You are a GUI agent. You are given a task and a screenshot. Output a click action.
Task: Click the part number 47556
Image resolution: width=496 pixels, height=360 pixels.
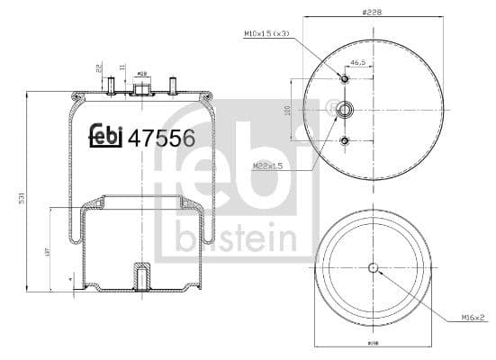point(162,138)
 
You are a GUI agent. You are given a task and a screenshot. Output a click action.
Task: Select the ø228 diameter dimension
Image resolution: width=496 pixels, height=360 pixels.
point(367,11)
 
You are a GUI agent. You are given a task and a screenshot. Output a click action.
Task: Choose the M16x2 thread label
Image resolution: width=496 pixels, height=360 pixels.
point(470,317)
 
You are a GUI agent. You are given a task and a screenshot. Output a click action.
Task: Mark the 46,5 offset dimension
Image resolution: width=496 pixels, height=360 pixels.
point(358,64)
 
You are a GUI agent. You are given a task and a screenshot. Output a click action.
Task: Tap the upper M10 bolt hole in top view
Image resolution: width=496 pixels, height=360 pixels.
point(344,78)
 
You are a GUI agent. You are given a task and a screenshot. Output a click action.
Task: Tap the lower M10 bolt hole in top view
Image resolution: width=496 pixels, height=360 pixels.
point(344,140)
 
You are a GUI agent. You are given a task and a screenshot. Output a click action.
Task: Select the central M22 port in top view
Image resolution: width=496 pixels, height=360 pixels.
point(344,110)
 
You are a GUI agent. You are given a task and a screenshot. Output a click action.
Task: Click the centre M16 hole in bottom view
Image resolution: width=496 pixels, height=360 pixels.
point(373,266)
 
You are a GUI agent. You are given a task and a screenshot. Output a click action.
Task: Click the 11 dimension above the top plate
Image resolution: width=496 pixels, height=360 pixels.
point(122,67)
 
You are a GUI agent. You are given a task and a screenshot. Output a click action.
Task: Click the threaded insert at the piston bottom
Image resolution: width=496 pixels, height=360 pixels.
point(140,274)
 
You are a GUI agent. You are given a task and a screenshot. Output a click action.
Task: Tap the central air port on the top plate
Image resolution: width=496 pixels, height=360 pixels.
point(141,86)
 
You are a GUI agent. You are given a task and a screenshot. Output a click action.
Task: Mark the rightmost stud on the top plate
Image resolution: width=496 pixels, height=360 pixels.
point(171,85)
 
